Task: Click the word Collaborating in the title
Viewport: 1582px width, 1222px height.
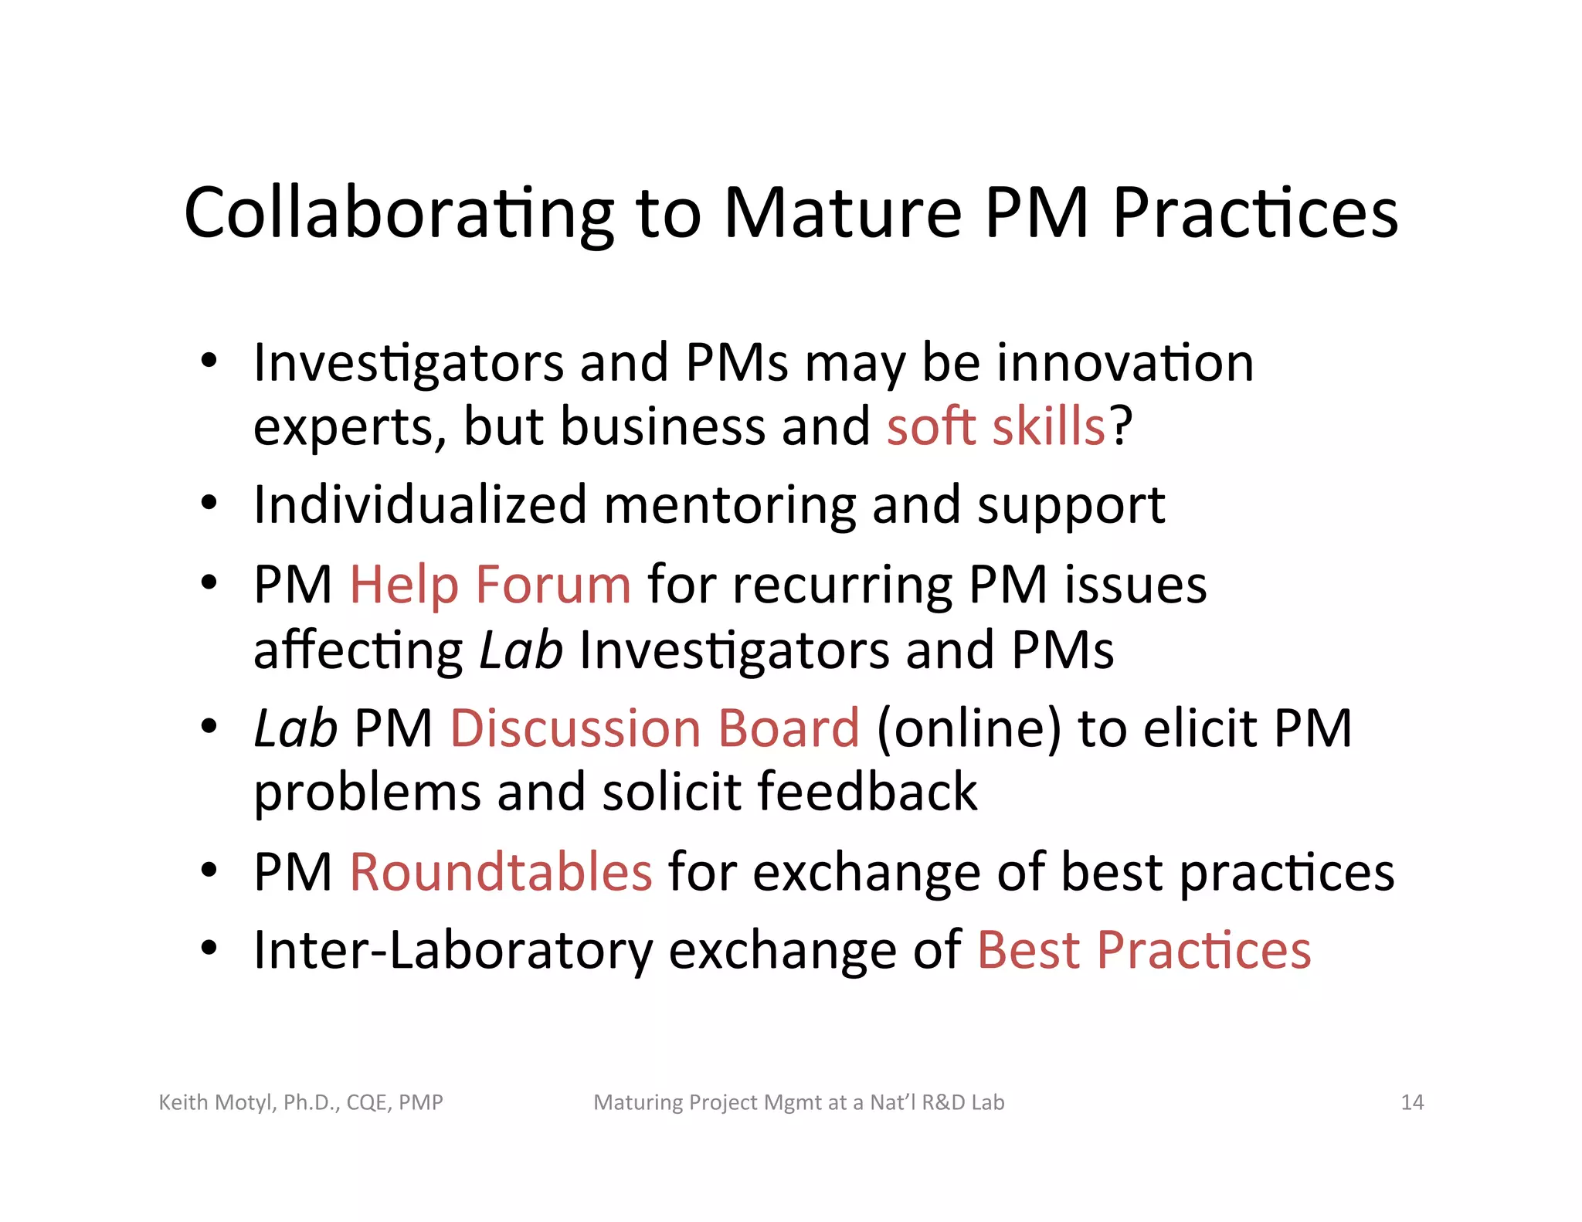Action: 399,213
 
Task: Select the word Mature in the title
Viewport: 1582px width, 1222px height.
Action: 842,213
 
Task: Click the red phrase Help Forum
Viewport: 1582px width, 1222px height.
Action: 491,584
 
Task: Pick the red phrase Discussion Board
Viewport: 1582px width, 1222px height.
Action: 654,728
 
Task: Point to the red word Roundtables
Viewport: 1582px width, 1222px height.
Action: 501,871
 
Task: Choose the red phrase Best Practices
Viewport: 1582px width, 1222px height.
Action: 1144,949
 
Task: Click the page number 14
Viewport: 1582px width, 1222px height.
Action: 1412,1102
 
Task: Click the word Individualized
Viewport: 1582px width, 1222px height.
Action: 420,505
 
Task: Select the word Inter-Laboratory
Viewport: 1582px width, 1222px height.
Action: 453,950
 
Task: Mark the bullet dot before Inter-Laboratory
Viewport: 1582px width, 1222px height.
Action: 209,948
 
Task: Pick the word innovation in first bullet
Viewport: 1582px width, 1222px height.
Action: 1125,362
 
